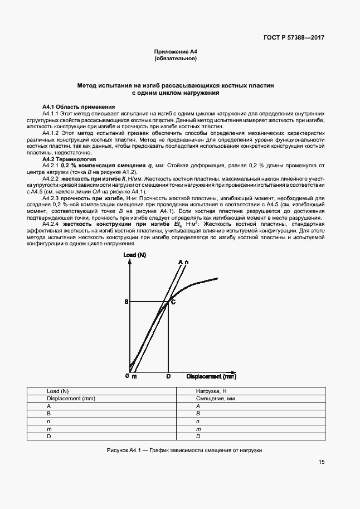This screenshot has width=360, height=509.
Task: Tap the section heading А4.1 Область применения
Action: click(x=79, y=106)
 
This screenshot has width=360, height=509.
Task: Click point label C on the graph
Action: click(x=173, y=302)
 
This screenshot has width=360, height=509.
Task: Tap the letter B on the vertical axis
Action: click(x=126, y=302)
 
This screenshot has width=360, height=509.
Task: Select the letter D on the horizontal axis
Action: click(x=168, y=377)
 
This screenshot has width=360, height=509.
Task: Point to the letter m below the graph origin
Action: click(x=134, y=377)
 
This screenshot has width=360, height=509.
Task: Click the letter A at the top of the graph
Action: click(x=181, y=261)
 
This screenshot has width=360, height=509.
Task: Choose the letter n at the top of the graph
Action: click(x=187, y=261)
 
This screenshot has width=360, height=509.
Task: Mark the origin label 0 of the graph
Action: click(x=127, y=376)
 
